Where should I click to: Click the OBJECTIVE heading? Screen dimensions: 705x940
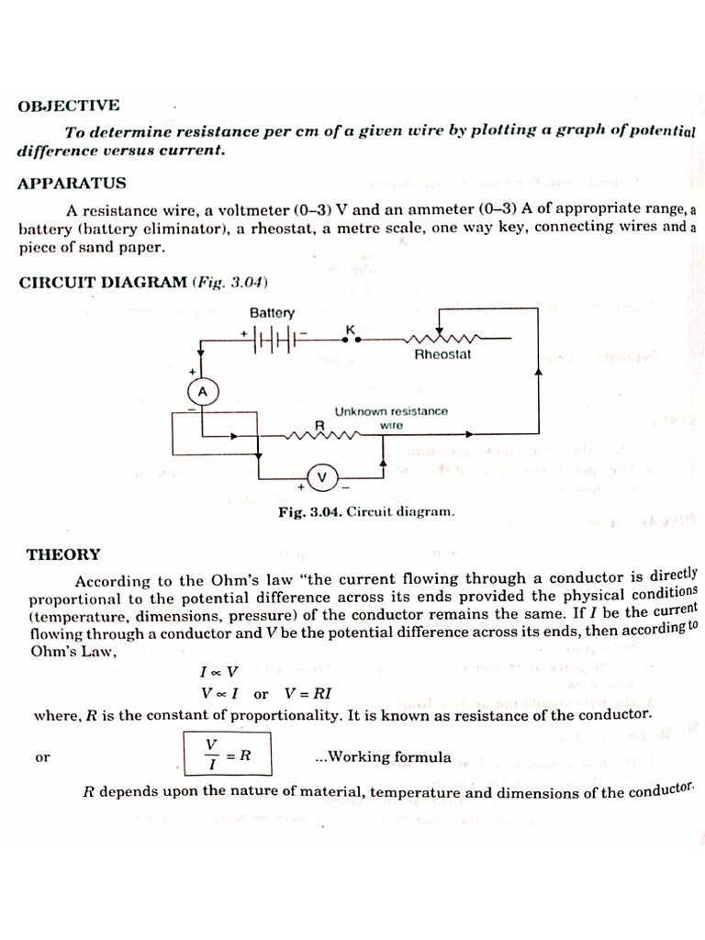[69, 106]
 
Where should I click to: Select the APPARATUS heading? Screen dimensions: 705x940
[72, 184]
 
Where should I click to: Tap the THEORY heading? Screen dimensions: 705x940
[63, 554]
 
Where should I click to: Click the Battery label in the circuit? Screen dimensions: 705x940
[272, 313]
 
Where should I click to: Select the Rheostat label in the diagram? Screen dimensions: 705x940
[442, 354]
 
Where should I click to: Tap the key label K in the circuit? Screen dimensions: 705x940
[350, 328]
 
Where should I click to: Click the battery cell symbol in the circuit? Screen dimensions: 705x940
[274, 339]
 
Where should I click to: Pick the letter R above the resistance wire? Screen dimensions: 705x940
[320, 424]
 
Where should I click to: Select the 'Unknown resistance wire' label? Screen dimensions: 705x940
[392, 418]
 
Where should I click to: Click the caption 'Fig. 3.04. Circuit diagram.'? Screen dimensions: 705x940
[366, 511]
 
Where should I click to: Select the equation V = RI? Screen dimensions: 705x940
[308, 694]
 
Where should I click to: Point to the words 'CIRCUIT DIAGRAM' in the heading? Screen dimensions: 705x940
[102, 282]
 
